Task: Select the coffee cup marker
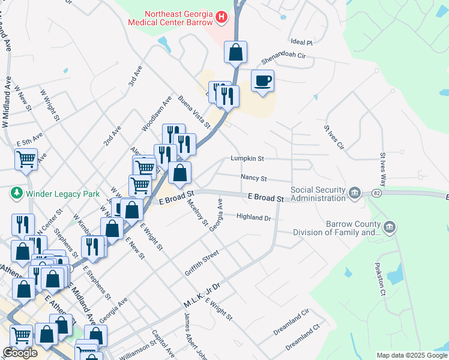(262, 81)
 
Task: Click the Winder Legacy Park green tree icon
(16, 193)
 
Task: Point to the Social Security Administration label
(318, 194)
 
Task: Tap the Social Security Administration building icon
(355, 193)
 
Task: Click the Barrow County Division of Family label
(353, 228)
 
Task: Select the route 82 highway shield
(375, 193)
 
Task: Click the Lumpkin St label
(248, 158)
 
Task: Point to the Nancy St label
(253, 178)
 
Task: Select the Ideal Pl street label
(302, 43)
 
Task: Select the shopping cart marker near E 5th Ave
(26, 160)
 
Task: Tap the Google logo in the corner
(20, 353)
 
